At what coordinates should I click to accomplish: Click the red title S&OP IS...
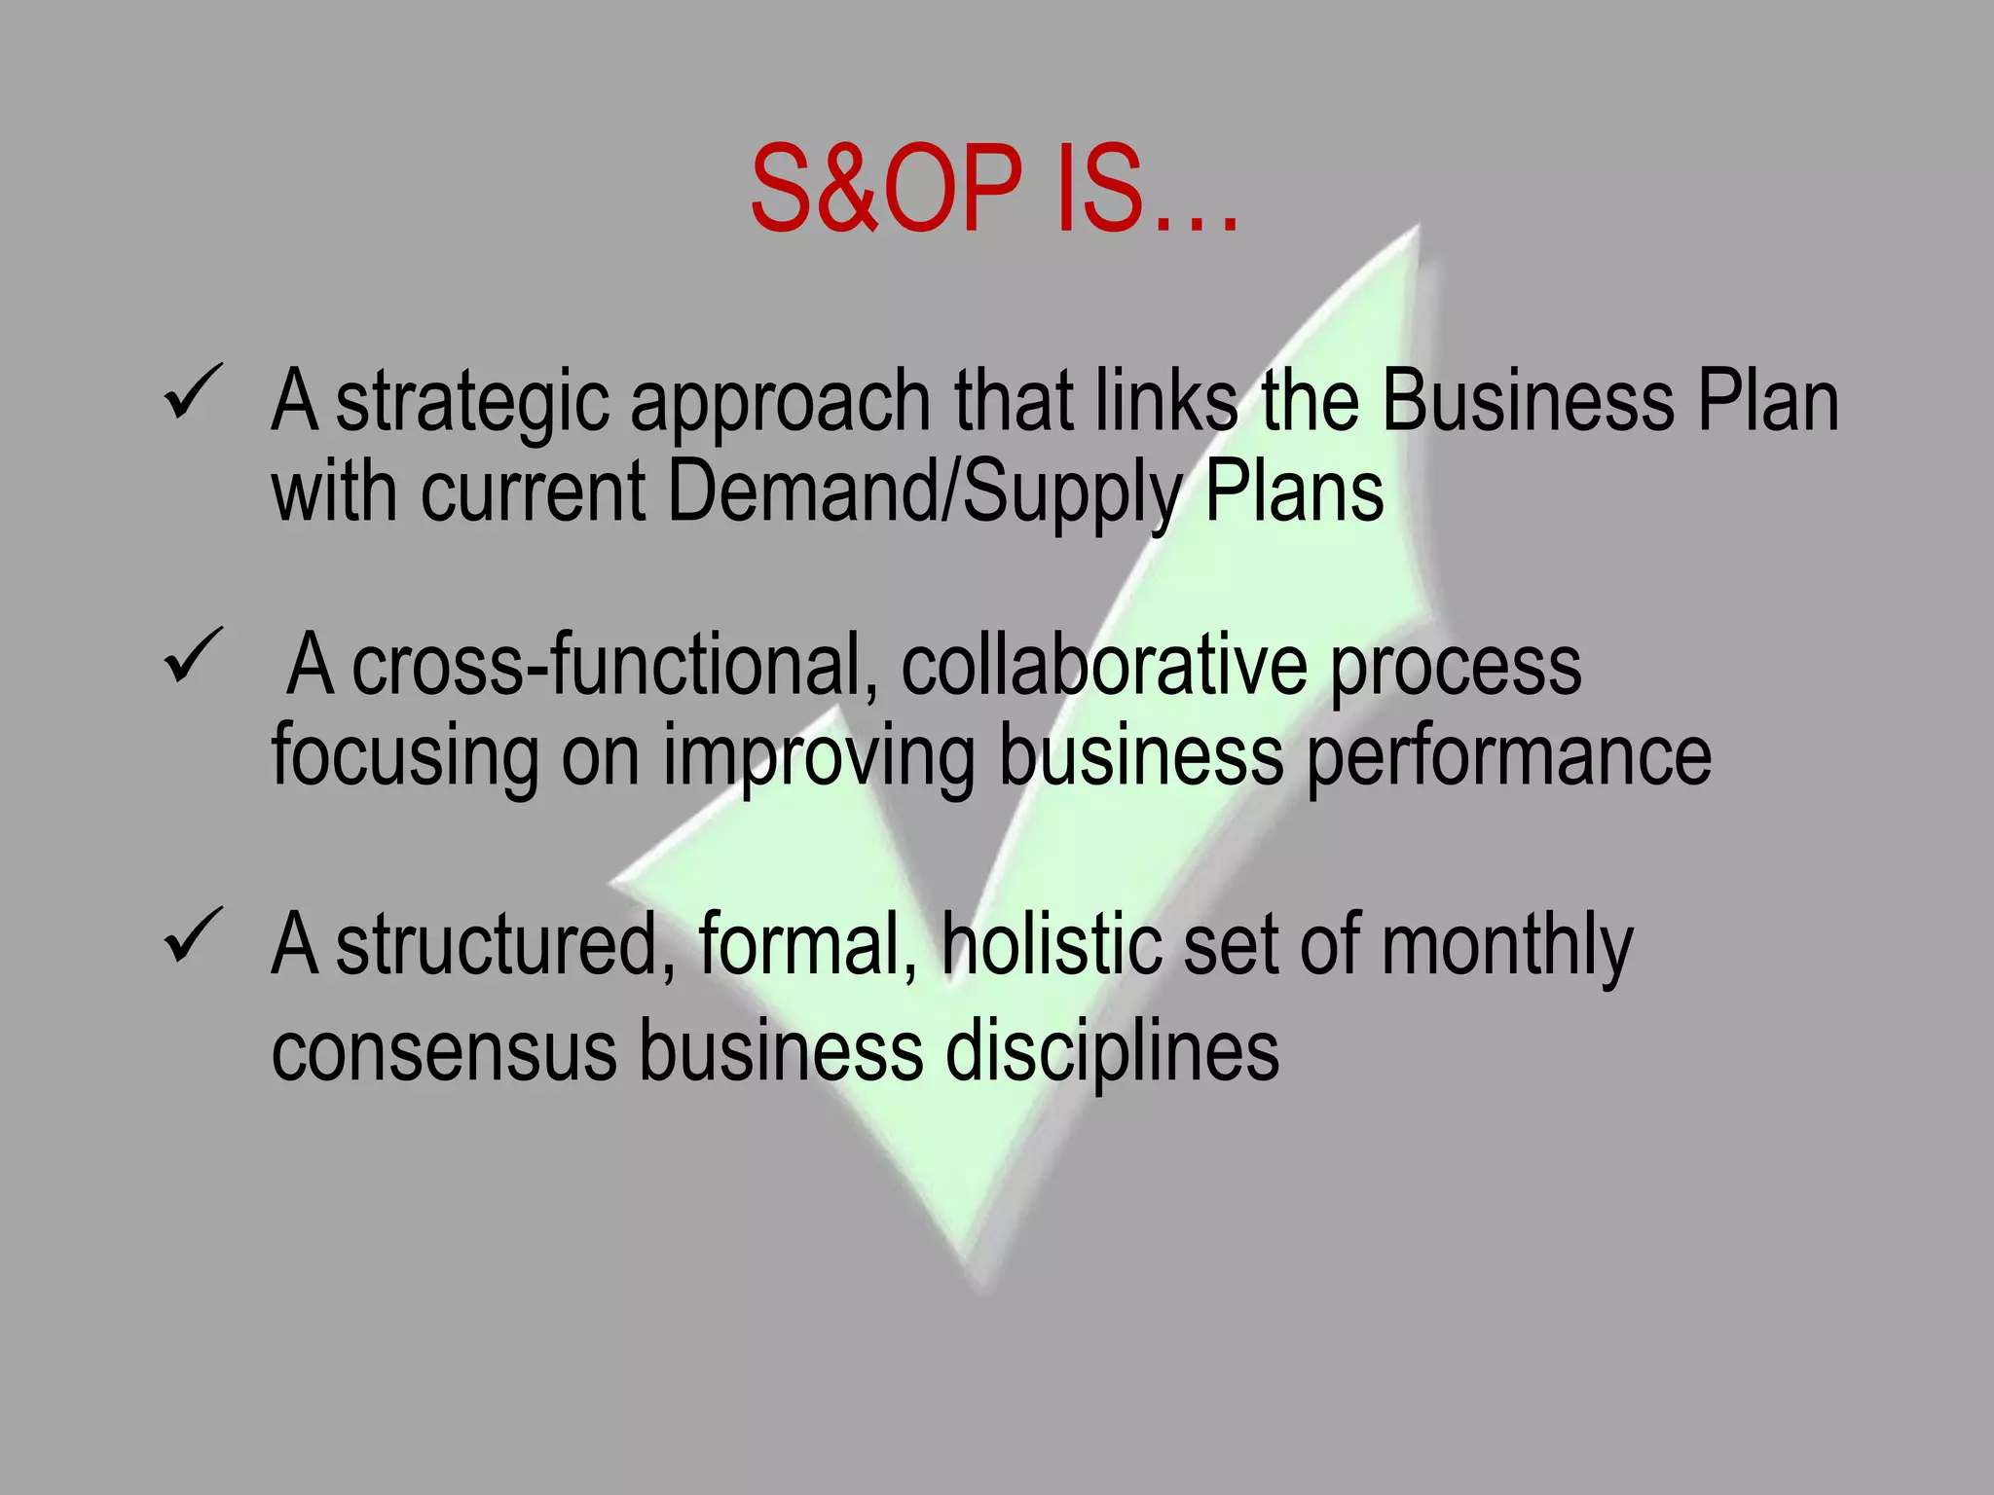[x=993, y=190]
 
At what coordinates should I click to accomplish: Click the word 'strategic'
[x=472, y=404]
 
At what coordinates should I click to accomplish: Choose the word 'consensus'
[x=444, y=1051]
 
